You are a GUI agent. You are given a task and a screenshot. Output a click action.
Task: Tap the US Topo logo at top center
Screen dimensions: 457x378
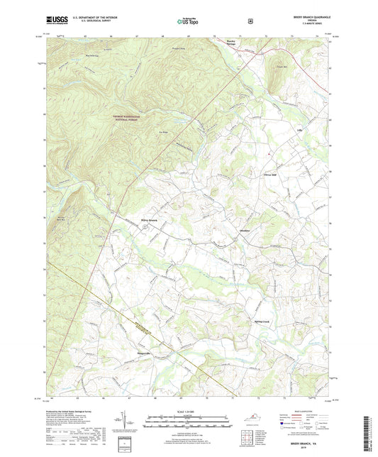[x=189, y=22]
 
